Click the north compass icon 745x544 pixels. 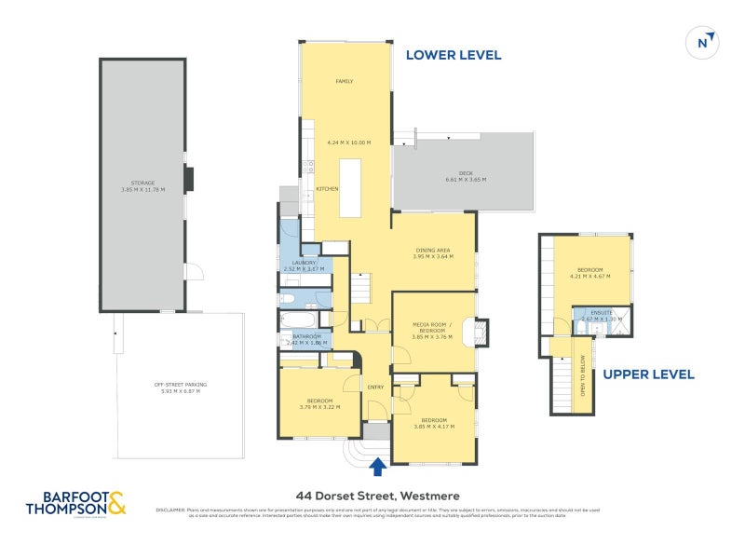coord(703,41)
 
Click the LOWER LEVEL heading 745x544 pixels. coord(454,55)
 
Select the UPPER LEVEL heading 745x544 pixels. coord(648,374)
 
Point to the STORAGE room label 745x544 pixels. coord(142,184)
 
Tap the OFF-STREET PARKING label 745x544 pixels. coord(181,385)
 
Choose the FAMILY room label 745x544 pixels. coord(345,82)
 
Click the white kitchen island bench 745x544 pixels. coord(349,188)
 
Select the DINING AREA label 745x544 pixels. coord(433,251)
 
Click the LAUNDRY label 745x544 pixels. coord(305,264)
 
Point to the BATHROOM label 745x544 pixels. coord(307,336)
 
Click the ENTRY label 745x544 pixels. coord(375,388)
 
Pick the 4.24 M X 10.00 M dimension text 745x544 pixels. coord(349,143)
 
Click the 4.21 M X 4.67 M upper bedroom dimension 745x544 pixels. coord(590,276)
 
